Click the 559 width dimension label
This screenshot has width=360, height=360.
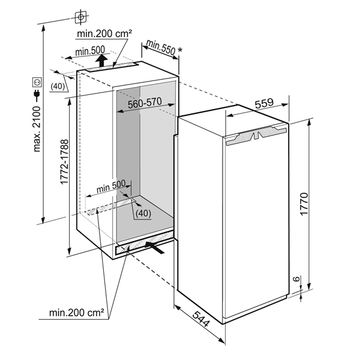tap(264, 104)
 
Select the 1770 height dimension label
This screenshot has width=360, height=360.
tap(304, 204)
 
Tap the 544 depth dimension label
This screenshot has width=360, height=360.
tap(201, 319)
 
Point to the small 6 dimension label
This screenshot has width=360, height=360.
tap(296, 279)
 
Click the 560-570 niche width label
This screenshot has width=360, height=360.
tap(145, 103)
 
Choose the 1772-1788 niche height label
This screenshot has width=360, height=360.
tap(64, 162)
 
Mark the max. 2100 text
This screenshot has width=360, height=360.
tap(37, 129)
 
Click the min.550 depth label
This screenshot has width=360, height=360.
tap(161, 47)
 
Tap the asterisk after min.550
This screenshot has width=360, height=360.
tap(180, 50)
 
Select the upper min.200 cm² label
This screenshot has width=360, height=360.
tap(104, 34)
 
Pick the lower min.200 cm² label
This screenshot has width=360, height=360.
tap(77, 313)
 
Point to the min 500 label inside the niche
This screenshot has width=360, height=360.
tap(111, 186)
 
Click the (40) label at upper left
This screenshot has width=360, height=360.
tap(58, 86)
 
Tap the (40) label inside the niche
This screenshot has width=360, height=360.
tap(143, 213)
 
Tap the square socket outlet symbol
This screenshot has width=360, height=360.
tap(37, 82)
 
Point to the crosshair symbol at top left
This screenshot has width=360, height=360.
tap(80, 17)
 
